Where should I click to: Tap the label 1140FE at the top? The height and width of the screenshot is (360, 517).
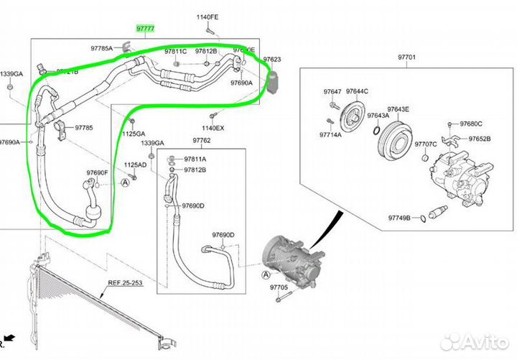[207, 17]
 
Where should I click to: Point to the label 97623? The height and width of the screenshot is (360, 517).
[272, 60]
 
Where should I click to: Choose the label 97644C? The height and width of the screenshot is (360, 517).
[357, 91]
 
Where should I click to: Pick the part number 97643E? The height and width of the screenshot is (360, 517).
[398, 109]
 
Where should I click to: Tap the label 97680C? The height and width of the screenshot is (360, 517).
[471, 124]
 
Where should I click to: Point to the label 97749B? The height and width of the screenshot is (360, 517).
[400, 218]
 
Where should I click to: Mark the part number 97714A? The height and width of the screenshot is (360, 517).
[331, 135]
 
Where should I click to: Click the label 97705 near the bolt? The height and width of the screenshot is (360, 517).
[279, 286]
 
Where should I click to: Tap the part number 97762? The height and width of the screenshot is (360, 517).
[201, 140]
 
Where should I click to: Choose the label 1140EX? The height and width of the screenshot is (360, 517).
[213, 128]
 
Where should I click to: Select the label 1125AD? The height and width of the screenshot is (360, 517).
[134, 165]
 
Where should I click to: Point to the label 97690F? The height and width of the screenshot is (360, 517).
[96, 173]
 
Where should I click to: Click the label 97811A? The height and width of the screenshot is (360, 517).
[195, 159]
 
